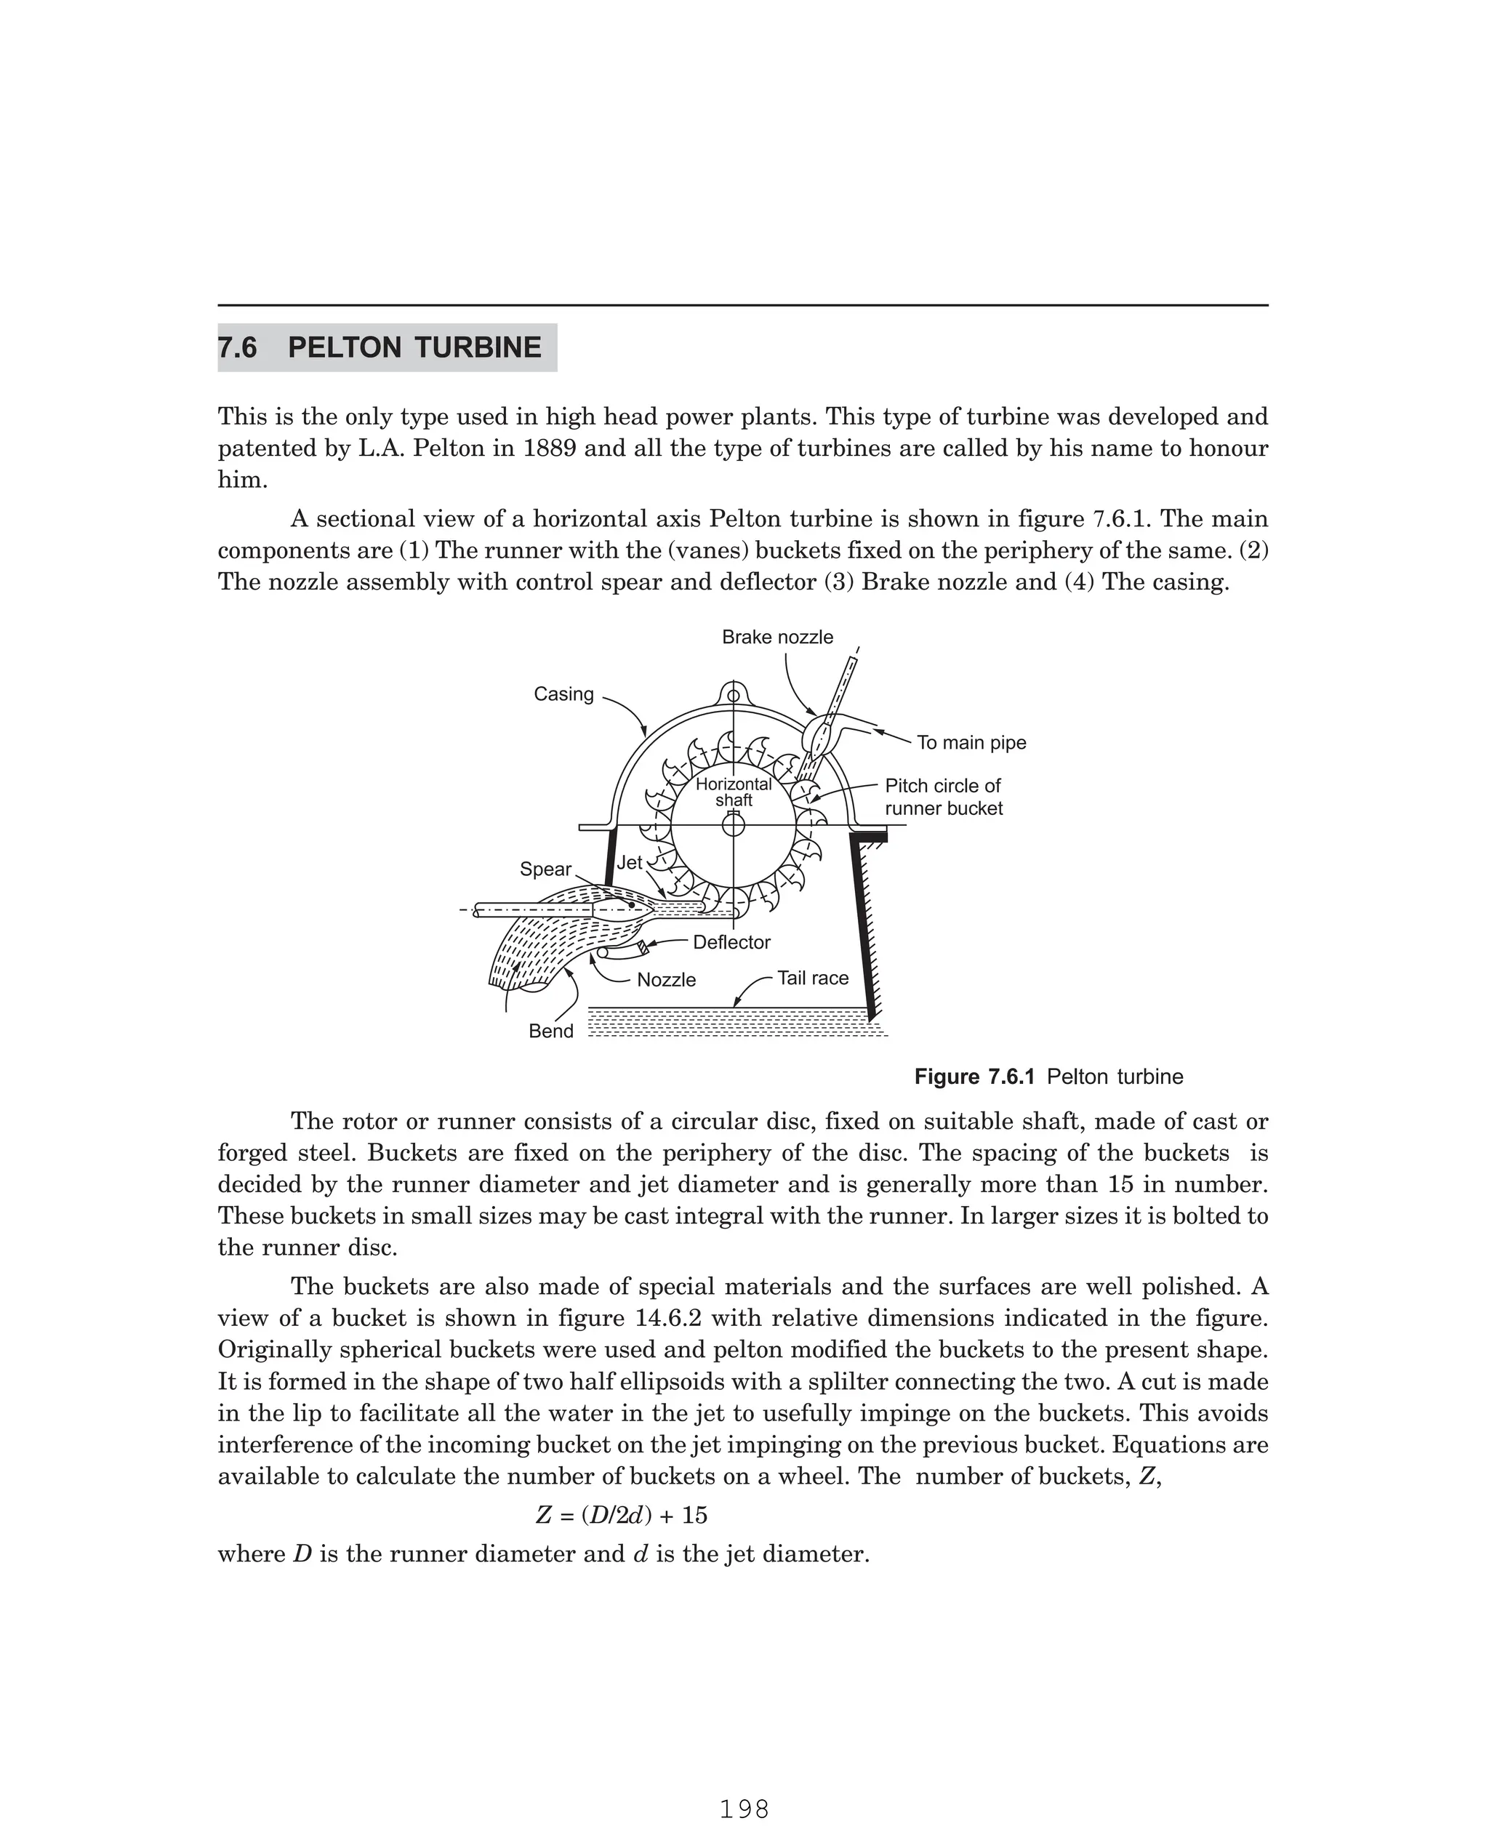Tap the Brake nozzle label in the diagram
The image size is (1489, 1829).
pyautogui.click(x=777, y=637)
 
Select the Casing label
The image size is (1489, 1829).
pyautogui.click(x=563, y=694)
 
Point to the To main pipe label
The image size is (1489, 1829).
pyautogui.click(x=971, y=742)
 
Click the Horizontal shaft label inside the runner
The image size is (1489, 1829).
pyautogui.click(x=734, y=792)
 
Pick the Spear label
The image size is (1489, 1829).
pyautogui.click(x=545, y=869)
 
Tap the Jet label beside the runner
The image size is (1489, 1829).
pyautogui.click(x=630, y=863)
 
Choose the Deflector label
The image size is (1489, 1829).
pyautogui.click(x=731, y=942)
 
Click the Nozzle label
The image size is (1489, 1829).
pyautogui.click(x=667, y=980)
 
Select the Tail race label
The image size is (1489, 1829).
pyautogui.click(x=812, y=978)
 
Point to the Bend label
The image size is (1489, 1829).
pyautogui.click(x=550, y=1031)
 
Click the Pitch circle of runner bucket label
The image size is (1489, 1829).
pyautogui.click(x=944, y=797)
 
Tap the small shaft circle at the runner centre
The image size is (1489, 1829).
pyautogui.click(x=734, y=825)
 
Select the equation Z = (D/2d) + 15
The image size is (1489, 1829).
pyautogui.click(x=622, y=1515)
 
